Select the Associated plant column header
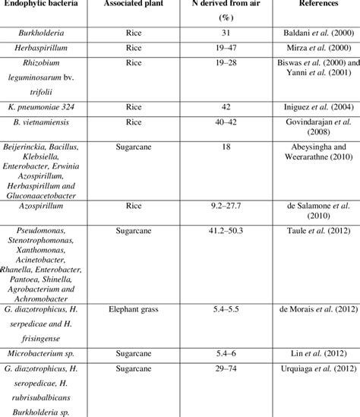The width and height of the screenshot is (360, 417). pos(138,5)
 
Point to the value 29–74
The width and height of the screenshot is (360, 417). pos(224,390)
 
